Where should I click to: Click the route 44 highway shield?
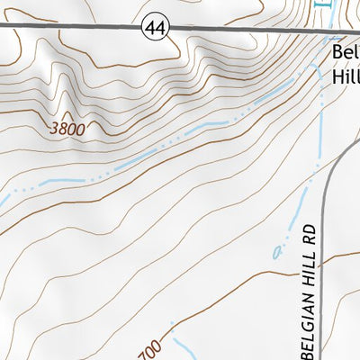[155, 29]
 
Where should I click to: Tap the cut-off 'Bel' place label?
[345, 53]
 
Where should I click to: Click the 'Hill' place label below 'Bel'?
[346, 77]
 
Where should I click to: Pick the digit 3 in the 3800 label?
[54, 129]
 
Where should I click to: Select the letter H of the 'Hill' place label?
[337, 77]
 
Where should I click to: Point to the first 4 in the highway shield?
[151, 29]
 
